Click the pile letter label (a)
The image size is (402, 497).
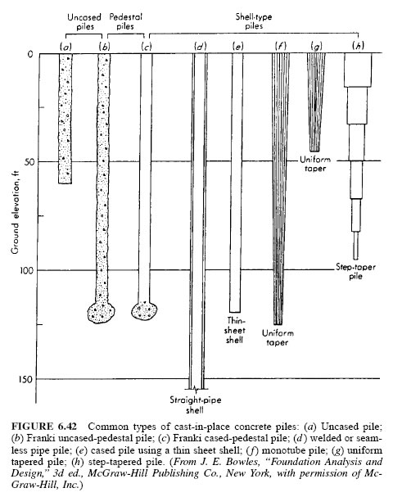coord(66,47)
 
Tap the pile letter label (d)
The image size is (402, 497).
coord(201,47)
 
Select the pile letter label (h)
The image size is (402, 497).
coord(358,46)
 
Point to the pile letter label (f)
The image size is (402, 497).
coord(281,47)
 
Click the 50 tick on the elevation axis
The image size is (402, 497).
coord(29,162)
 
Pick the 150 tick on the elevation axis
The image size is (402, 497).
coord(27,379)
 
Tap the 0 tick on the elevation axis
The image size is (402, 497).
coord(30,54)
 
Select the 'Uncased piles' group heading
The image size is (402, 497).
coord(84,21)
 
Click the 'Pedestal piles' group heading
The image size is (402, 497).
coord(125,21)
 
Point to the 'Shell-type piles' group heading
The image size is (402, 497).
coord(254,21)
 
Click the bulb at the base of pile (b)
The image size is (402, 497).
coord(102,312)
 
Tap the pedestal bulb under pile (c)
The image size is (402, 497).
coord(144,310)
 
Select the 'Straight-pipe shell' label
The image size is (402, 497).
coord(196,404)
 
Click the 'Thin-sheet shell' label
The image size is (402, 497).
coord(235,330)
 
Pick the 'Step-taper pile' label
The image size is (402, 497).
coord(355,271)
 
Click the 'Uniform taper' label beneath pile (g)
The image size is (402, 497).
coord(315,164)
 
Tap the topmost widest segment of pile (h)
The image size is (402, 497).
coord(358,70)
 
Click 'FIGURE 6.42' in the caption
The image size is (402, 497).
coord(43,427)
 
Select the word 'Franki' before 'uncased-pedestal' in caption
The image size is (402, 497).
coord(38,438)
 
